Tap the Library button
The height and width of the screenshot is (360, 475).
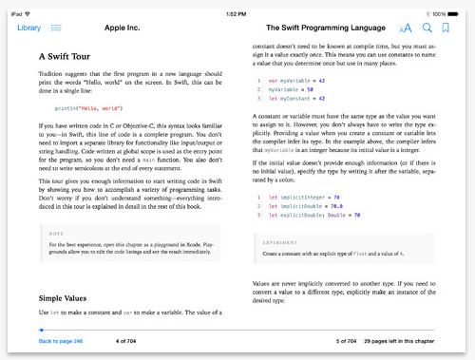tap(28, 28)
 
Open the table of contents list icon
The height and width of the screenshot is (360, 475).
tap(57, 28)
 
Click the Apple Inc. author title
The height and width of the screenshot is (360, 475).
tap(122, 28)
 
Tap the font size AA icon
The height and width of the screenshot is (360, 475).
tap(407, 28)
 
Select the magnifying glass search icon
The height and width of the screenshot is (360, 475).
tap(427, 28)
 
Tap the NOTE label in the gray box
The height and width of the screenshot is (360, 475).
tap(56, 234)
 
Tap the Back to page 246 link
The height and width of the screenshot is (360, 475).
tap(61, 340)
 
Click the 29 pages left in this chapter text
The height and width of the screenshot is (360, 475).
tap(400, 340)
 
